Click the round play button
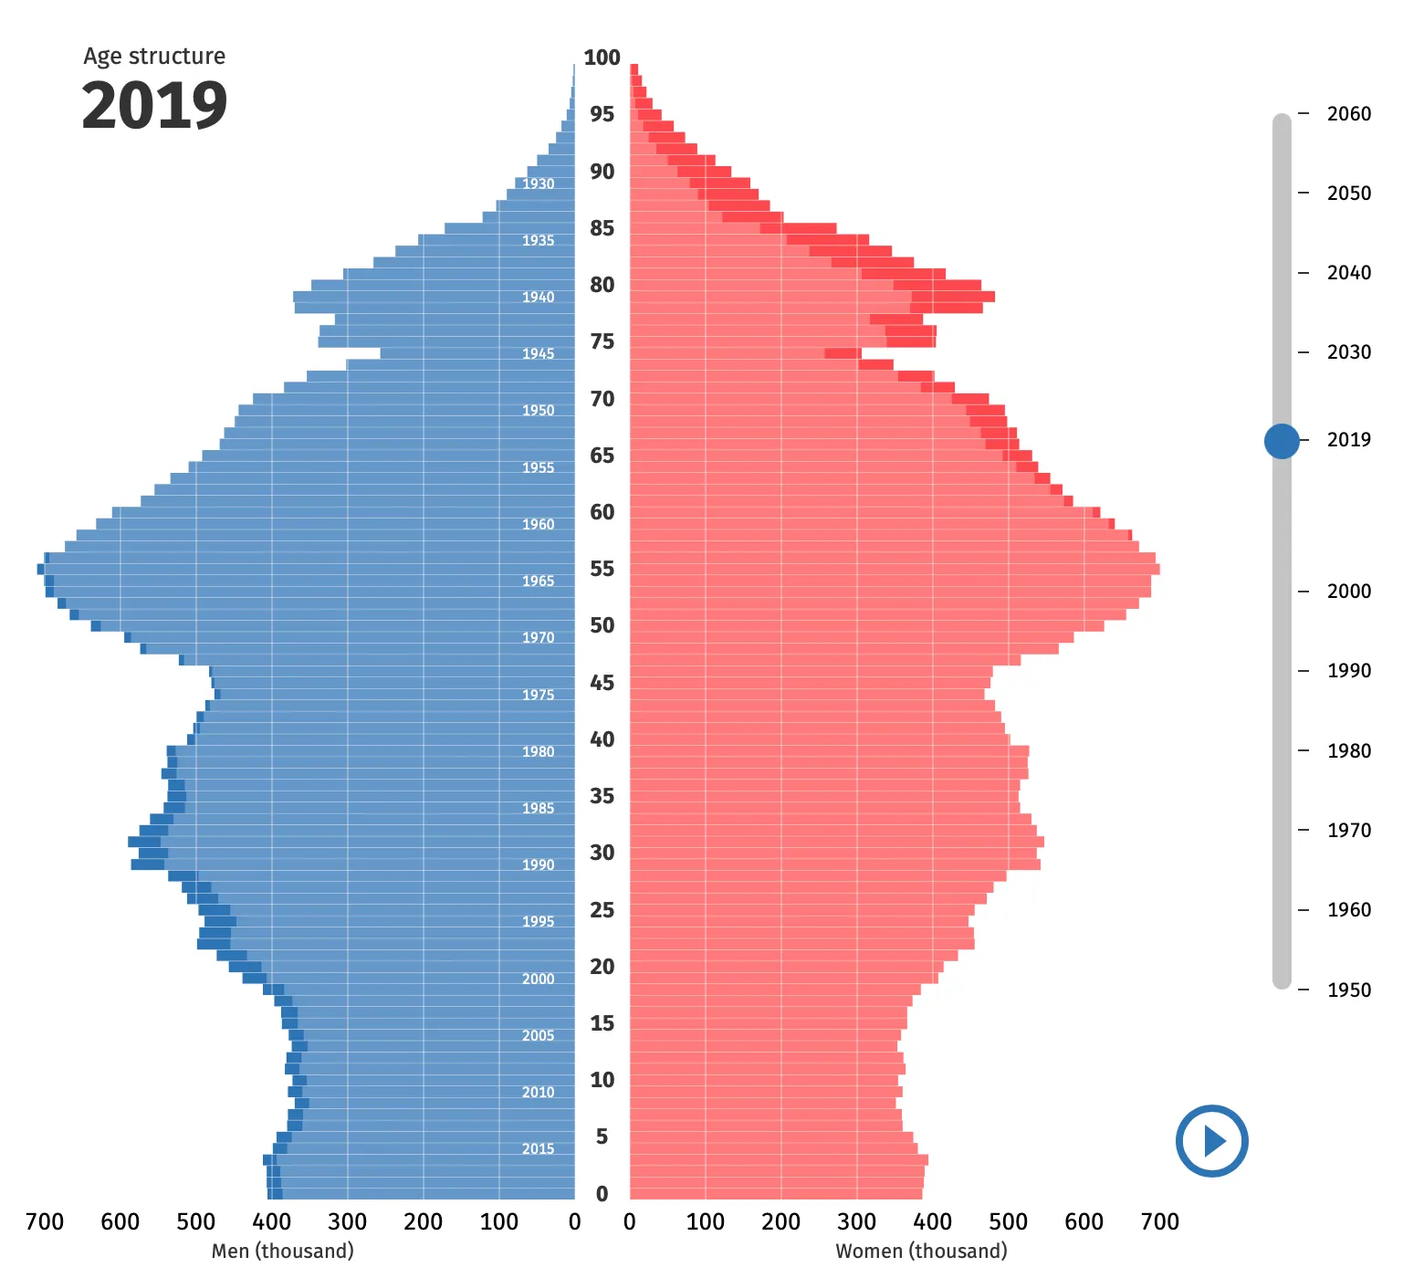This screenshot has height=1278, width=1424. (x=1211, y=1141)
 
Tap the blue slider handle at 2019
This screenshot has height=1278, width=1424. (x=1282, y=441)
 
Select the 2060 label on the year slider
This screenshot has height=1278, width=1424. (x=1348, y=114)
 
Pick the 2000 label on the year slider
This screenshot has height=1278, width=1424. (x=1348, y=592)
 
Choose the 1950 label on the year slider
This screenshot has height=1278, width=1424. (x=1348, y=990)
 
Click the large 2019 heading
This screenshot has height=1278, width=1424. (x=154, y=106)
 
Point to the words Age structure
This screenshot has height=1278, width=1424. (x=154, y=57)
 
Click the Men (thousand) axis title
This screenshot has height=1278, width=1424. (x=282, y=1251)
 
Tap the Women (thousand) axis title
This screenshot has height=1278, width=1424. (x=921, y=1251)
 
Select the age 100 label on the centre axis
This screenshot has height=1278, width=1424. (x=602, y=58)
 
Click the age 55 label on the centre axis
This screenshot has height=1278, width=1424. (x=602, y=569)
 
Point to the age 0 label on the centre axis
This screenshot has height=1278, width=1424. (x=602, y=1194)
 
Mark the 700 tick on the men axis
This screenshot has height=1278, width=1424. (x=45, y=1222)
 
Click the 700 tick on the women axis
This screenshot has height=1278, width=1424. (x=1159, y=1222)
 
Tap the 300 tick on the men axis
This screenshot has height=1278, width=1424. (x=347, y=1222)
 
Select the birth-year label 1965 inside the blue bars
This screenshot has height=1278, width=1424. (x=538, y=581)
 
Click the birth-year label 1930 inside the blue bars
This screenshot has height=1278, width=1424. (x=538, y=184)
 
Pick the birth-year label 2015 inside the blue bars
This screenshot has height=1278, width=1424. (x=538, y=1149)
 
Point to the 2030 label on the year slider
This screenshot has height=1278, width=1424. (x=1348, y=352)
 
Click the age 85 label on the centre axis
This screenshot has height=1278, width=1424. (x=602, y=228)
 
